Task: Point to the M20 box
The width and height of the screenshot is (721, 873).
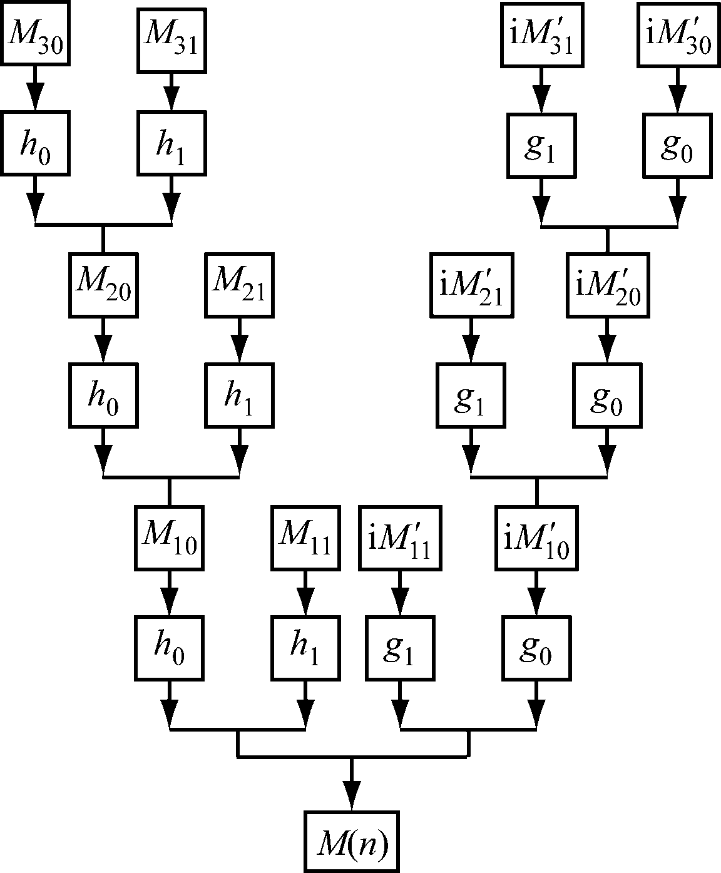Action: click(x=102, y=285)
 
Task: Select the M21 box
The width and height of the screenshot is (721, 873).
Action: click(x=238, y=285)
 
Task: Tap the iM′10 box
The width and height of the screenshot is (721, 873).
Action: click(x=536, y=538)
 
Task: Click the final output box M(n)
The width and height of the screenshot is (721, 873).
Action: click(x=352, y=842)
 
